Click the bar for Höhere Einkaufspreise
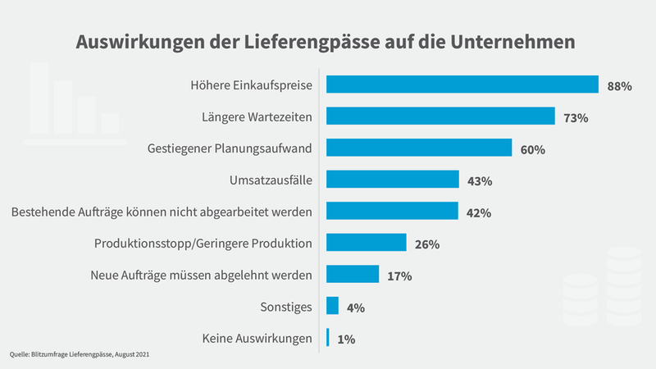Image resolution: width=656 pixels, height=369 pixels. click(x=462, y=85)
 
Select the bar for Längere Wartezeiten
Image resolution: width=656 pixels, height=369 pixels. click(x=440, y=116)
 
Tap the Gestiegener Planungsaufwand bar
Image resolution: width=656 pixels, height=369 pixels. click(x=419, y=148)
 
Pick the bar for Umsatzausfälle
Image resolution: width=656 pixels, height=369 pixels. click(x=393, y=180)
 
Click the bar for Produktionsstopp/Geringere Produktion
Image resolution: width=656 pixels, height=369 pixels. click(x=367, y=243)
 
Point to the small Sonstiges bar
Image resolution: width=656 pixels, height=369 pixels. click(x=333, y=306)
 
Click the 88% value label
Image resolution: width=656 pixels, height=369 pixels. click(x=619, y=86)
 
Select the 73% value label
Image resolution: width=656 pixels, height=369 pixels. click(x=576, y=118)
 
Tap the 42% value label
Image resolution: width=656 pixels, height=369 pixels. click(x=478, y=213)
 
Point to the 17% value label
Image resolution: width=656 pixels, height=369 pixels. click(x=399, y=276)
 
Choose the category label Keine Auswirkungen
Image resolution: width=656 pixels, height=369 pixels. click(x=257, y=338)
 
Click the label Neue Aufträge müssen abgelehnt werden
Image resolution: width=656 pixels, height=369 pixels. click(x=201, y=275)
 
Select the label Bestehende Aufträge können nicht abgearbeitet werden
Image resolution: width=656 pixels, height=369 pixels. click(x=162, y=212)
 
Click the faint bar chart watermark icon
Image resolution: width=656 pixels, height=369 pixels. click(x=70, y=102)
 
